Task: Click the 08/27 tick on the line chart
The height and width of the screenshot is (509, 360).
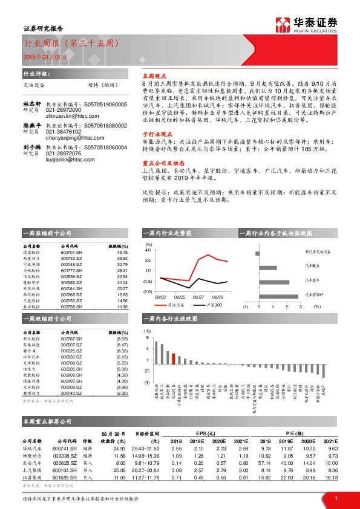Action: (x=198, y=297)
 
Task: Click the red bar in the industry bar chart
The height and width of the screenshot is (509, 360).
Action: (x=174, y=361)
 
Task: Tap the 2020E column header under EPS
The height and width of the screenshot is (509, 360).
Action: (x=220, y=441)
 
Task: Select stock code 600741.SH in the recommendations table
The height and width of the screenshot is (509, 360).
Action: (x=65, y=449)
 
